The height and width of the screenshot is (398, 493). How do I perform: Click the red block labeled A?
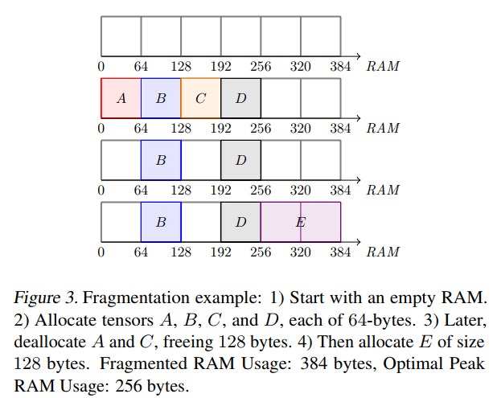pos(121,98)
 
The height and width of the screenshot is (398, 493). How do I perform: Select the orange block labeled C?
pos(200,98)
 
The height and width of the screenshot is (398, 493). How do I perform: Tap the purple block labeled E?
pos(300,221)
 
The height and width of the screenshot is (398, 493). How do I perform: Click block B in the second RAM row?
pos(161,98)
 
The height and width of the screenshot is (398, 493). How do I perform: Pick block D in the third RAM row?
pos(240,160)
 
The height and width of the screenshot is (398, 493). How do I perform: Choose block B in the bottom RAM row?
pos(161,221)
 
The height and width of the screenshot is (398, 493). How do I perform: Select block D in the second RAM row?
pos(240,98)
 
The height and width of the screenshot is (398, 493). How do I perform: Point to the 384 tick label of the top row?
pos(340,66)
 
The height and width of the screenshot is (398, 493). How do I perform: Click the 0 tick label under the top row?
pos(101,66)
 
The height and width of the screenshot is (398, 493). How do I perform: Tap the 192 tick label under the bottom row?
pos(220,252)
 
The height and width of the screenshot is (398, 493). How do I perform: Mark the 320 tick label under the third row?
pos(300,191)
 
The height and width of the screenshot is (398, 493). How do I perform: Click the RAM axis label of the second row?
pos(383,128)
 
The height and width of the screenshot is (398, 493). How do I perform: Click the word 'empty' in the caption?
pos(414,297)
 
